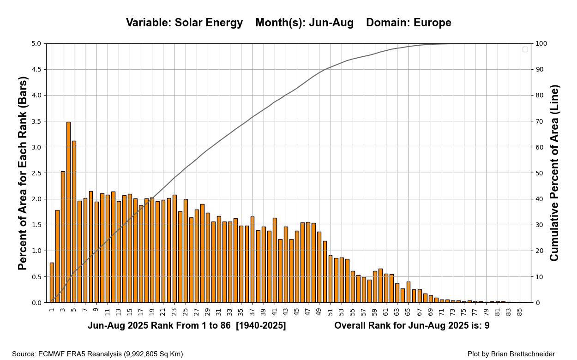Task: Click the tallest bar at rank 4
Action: (x=68, y=212)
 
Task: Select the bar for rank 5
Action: (x=74, y=222)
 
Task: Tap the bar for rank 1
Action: (x=52, y=282)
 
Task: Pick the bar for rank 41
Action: (x=275, y=260)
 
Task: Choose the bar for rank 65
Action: (x=408, y=292)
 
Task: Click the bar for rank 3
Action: (x=63, y=237)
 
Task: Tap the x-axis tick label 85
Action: (x=519, y=312)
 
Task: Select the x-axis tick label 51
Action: (x=330, y=312)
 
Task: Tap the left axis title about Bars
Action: (x=23, y=173)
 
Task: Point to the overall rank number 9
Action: (x=487, y=326)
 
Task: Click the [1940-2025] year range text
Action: (x=261, y=326)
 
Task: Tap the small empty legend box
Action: (x=525, y=49)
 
